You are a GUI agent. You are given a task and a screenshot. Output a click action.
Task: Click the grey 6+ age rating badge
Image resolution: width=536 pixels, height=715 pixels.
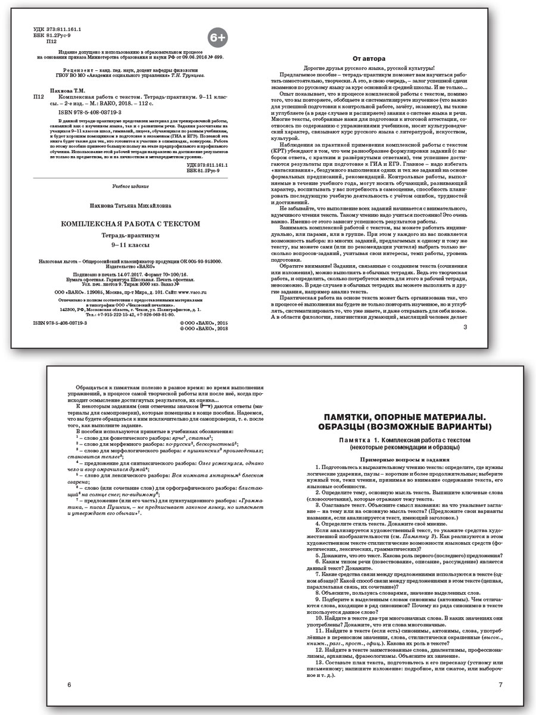[217, 38]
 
